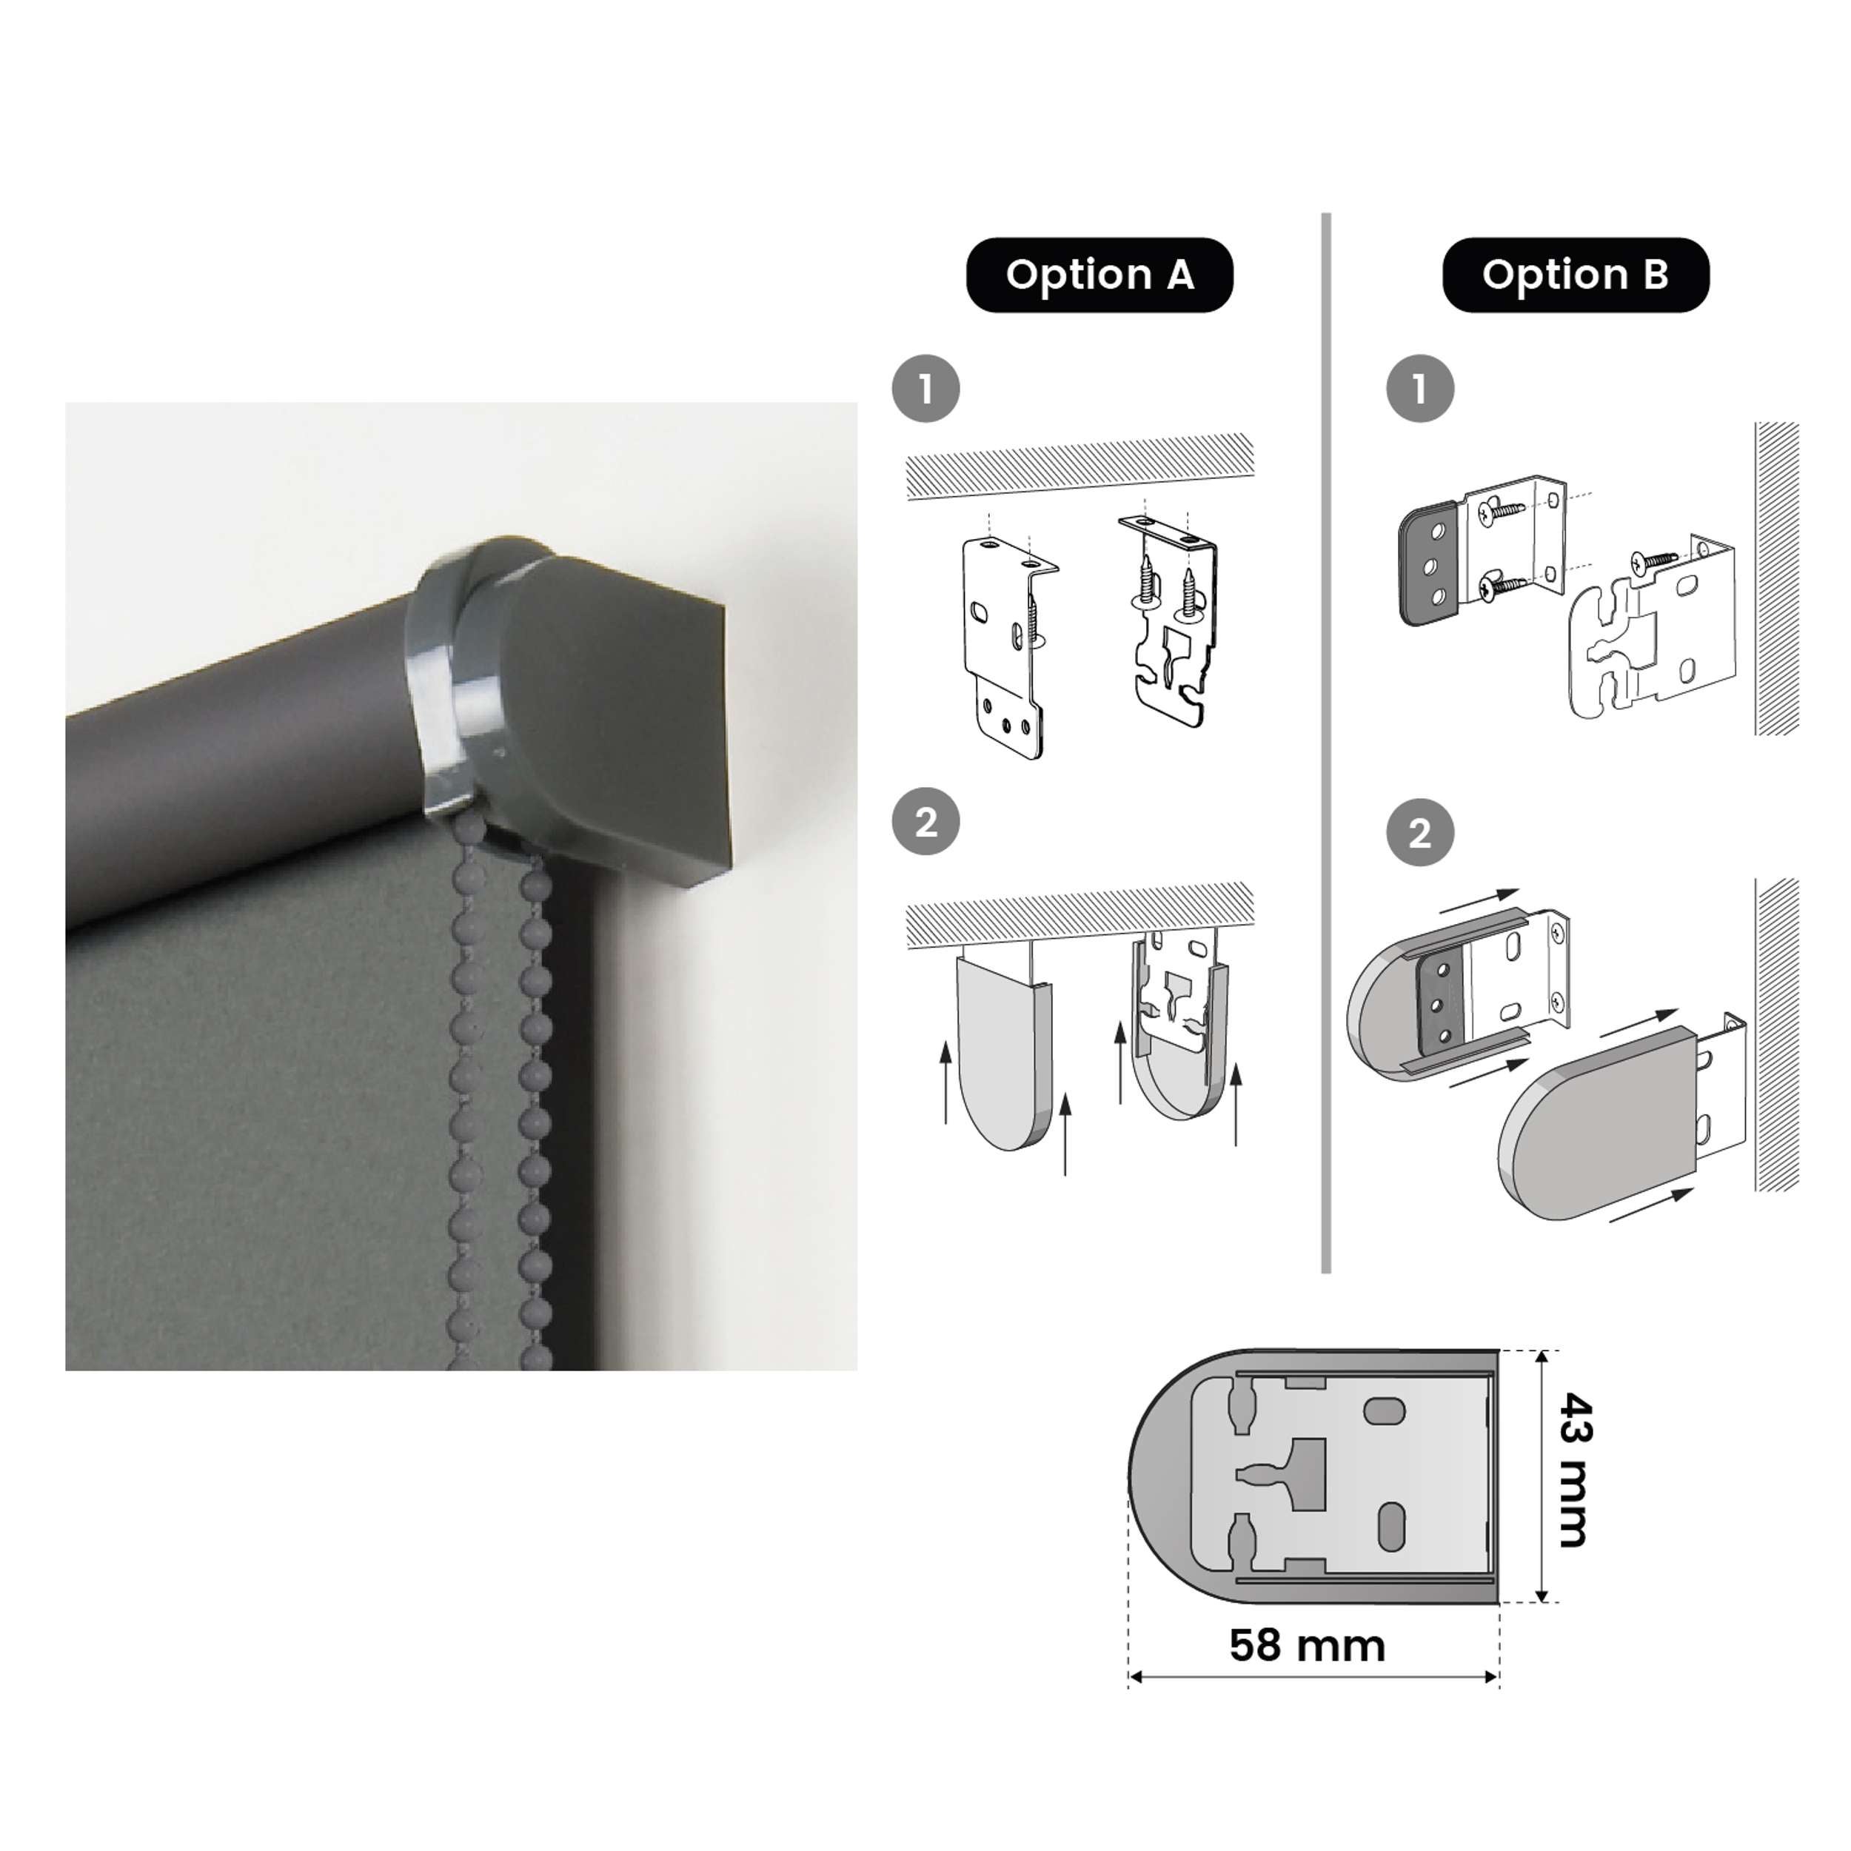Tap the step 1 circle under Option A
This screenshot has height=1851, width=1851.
(925, 389)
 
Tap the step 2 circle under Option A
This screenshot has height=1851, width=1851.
(925, 822)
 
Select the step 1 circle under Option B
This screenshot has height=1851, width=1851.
(1420, 389)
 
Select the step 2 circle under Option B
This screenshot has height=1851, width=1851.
(1420, 832)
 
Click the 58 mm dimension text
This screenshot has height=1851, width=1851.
(1307, 1645)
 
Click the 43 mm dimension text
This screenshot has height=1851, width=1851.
(1574, 1470)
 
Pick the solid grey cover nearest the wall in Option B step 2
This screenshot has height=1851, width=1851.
(1600, 1121)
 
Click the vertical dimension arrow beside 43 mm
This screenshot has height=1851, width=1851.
(1542, 1476)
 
